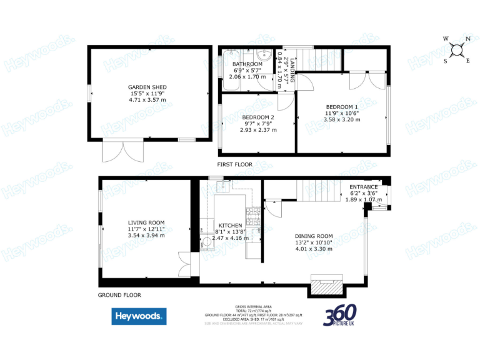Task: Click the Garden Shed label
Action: coord(147,87)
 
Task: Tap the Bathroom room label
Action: coord(247,64)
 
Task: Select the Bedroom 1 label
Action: coord(341,107)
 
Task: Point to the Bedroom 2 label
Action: coord(258,117)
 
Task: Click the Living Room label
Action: coord(146,222)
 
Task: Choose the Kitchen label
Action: coord(229,225)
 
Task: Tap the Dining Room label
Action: coord(314,236)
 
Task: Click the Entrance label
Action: coord(363,187)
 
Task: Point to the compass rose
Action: coord(457,49)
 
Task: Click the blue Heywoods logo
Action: coord(139,316)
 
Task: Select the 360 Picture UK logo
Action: coord(340,315)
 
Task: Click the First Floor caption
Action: coord(234,164)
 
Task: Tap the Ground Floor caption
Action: coord(119,295)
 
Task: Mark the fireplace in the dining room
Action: coord(327,286)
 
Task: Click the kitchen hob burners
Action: coord(254,218)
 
